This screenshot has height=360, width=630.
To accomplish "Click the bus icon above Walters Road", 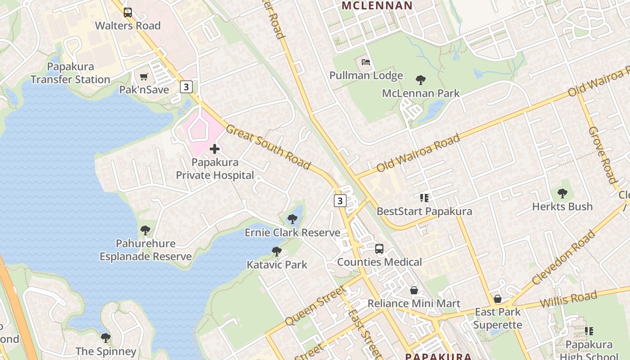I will point(128,13).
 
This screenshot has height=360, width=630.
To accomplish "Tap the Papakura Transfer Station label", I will point(71,73).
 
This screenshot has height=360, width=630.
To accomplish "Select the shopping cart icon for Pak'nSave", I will point(144,77).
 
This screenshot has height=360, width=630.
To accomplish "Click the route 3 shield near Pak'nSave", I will point(186,86).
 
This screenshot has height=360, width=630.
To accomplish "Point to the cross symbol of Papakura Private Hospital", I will point(215,149).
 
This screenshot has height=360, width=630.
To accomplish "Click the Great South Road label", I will point(268,147).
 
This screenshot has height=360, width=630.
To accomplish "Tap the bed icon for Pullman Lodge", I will point(366,62).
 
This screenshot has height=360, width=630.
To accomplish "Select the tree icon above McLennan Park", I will point(421,81).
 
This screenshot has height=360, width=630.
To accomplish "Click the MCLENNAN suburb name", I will point(377,6).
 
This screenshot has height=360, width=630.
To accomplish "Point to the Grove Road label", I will point(603,155).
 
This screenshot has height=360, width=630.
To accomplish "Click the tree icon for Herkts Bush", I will point(562,194).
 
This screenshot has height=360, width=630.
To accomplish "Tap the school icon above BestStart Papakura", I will point(424,198).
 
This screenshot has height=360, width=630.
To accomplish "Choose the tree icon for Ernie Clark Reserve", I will point(292,220).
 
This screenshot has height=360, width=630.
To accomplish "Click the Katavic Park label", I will point(277,265).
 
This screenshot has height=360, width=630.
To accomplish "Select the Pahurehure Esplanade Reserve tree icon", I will point(145,230).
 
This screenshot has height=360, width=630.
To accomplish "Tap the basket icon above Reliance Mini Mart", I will point(414,291).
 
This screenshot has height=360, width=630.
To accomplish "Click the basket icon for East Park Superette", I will point(498,299).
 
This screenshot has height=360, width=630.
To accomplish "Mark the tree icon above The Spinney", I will point(106,337).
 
